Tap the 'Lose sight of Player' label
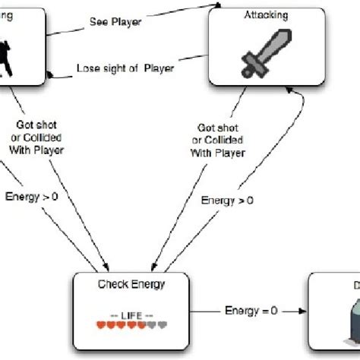pos(125,68)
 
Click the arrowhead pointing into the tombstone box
pos(302,311)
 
